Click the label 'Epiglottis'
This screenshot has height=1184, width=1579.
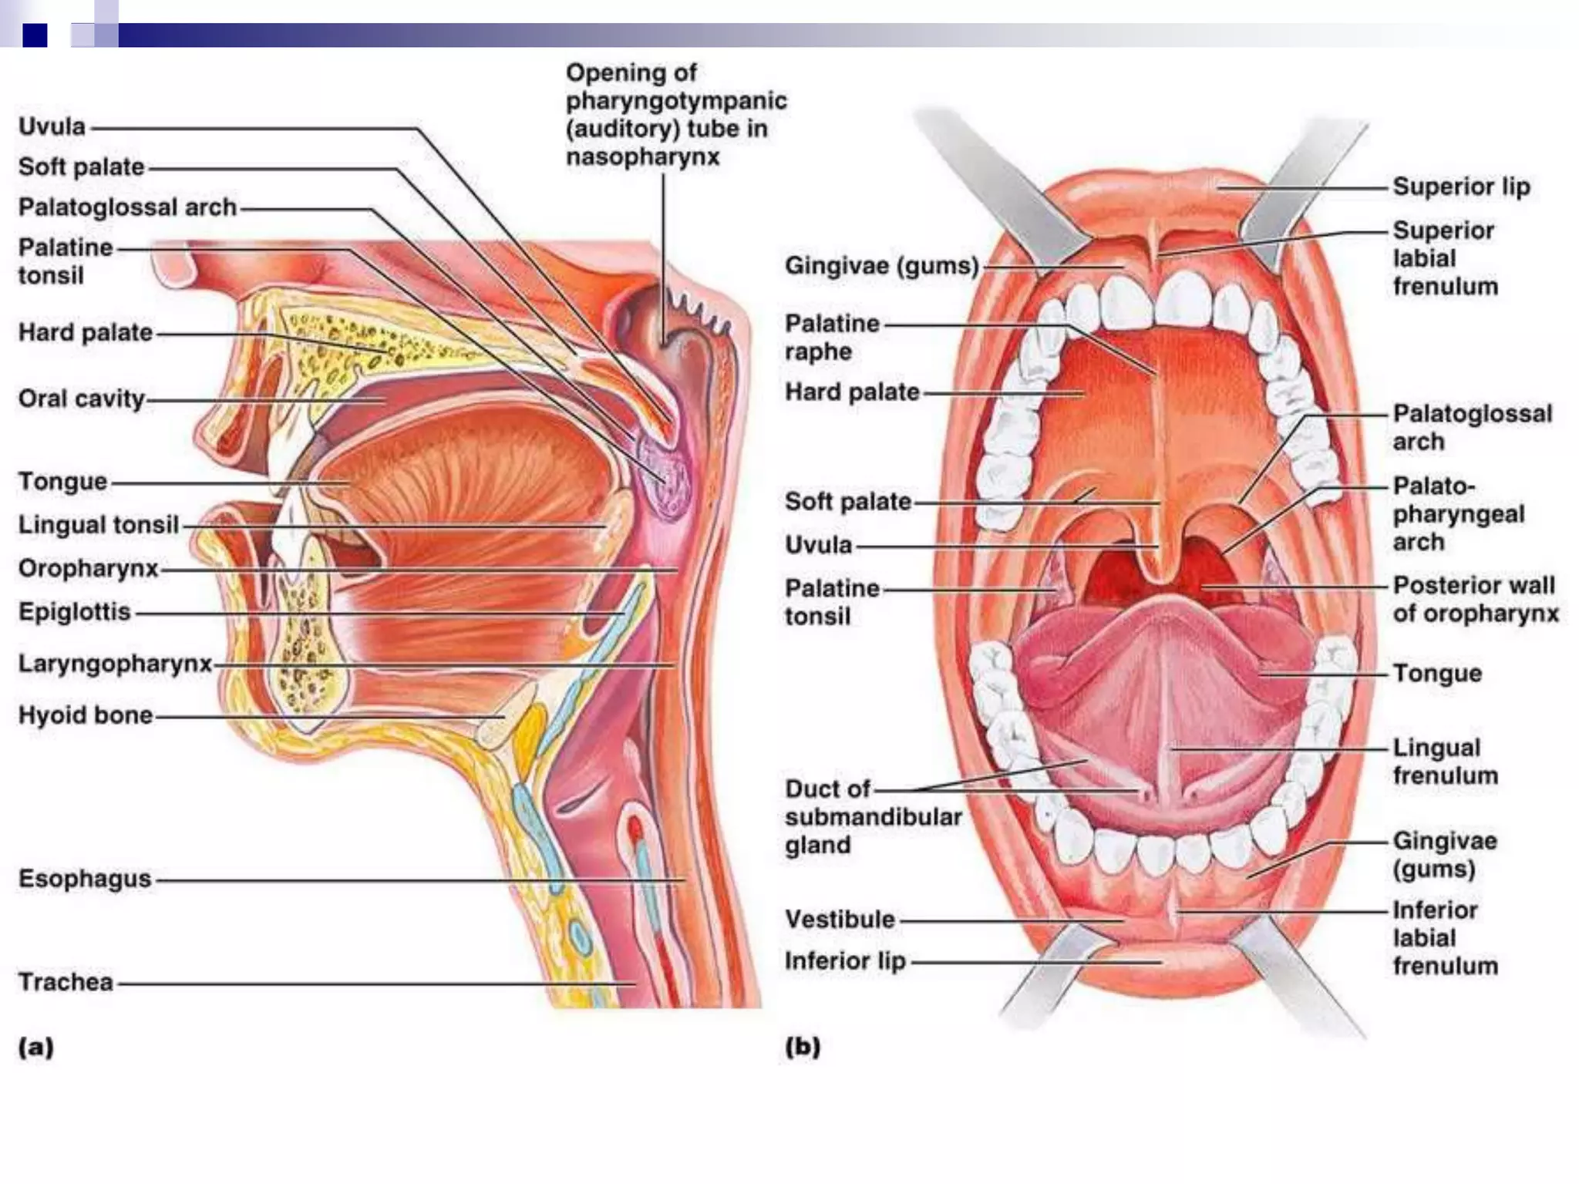(x=75, y=613)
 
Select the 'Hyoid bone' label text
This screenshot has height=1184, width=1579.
(x=85, y=715)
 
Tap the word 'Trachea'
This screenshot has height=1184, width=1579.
(x=66, y=982)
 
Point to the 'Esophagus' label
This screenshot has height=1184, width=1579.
(x=85, y=879)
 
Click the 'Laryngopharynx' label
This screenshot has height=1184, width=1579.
(x=115, y=664)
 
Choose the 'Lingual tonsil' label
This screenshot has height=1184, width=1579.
(x=98, y=525)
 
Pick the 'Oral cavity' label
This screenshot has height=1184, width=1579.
(x=82, y=399)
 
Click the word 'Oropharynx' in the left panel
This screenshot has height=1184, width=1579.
(x=88, y=569)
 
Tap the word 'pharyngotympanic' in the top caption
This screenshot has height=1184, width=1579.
(x=676, y=101)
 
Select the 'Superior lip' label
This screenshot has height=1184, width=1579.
(x=1461, y=187)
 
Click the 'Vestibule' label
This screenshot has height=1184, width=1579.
(x=840, y=920)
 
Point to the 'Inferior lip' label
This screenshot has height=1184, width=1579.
(x=845, y=961)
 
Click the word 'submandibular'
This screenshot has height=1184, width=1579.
(x=873, y=817)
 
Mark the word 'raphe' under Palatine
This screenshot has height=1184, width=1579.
(x=818, y=352)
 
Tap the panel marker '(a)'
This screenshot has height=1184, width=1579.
(x=35, y=1047)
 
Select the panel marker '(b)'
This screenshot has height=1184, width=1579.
(x=802, y=1047)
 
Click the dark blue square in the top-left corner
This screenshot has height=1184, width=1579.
(x=35, y=35)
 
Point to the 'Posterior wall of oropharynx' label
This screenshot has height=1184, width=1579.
(x=1475, y=600)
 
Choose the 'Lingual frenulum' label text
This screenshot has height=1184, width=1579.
(x=1444, y=762)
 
